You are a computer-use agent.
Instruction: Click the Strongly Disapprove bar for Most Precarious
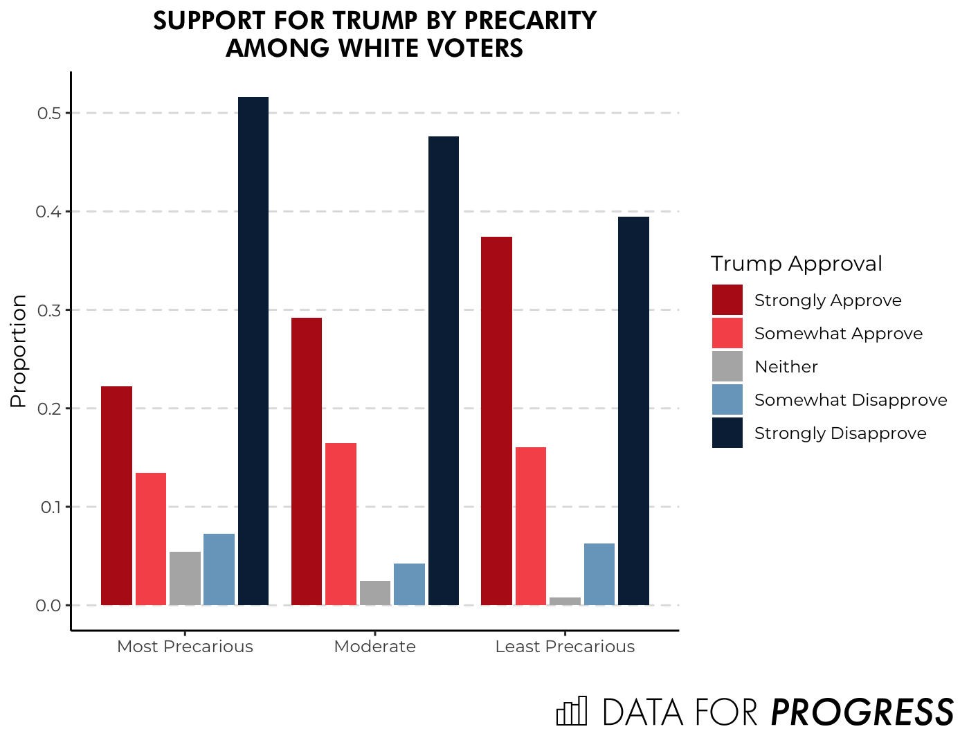(x=253, y=351)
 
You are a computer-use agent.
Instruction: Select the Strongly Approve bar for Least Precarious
(x=496, y=421)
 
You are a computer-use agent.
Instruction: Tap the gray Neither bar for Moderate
(x=375, y=593)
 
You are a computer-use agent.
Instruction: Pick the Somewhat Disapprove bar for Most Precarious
(x=219, y=569)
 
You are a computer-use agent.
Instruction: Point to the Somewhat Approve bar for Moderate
(x=341, y=524)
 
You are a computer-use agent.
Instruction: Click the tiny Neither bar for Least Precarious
(x=565, y=601)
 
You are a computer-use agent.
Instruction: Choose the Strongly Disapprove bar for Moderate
(x=444, y=370)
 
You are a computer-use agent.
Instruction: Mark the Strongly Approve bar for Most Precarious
(x=116, y=496)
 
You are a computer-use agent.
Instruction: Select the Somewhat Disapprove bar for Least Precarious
(x=599, y=574)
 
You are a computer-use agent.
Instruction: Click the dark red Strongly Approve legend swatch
(x=727, y=300)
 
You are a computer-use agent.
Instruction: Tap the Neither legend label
(x=786, y=367)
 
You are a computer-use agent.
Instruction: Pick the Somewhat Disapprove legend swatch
(x=727, y=399)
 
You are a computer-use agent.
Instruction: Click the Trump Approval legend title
(x=796, y=264)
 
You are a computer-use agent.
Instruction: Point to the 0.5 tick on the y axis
(x=49, y=113)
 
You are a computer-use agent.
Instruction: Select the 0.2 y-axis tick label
(x=49, y=408)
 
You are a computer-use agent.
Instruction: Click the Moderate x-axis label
(x=375, y=647)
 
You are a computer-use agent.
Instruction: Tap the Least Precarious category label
(x=565, y=647)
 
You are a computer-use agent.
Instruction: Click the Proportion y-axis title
(x=19, y=351)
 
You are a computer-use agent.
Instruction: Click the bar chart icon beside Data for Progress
(x=572, y=711)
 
